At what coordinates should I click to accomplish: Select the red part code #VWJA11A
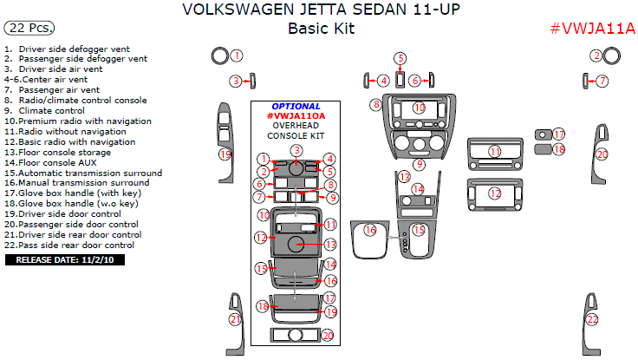(x=593, y=29)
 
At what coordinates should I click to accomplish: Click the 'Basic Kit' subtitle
(x=321, y=29)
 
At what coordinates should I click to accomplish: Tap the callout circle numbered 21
(x=235, y=319)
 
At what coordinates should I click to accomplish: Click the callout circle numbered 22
(x=592, y=319)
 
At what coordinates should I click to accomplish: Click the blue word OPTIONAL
(x=296, y=106)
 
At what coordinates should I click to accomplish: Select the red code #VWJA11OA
(x=296, y=115)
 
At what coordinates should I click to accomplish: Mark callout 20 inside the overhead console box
(x=328, y=335)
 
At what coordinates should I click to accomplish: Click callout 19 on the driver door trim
(x=225, y=154)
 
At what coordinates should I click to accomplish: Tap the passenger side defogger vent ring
(x=613, y=56)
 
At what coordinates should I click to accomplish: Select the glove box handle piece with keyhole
(x=543, y=135)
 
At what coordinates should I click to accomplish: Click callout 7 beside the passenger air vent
(x=602, y=81)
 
